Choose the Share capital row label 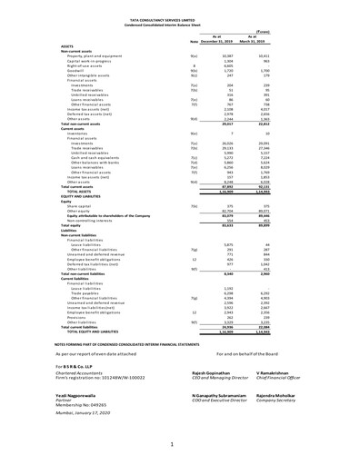83,208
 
